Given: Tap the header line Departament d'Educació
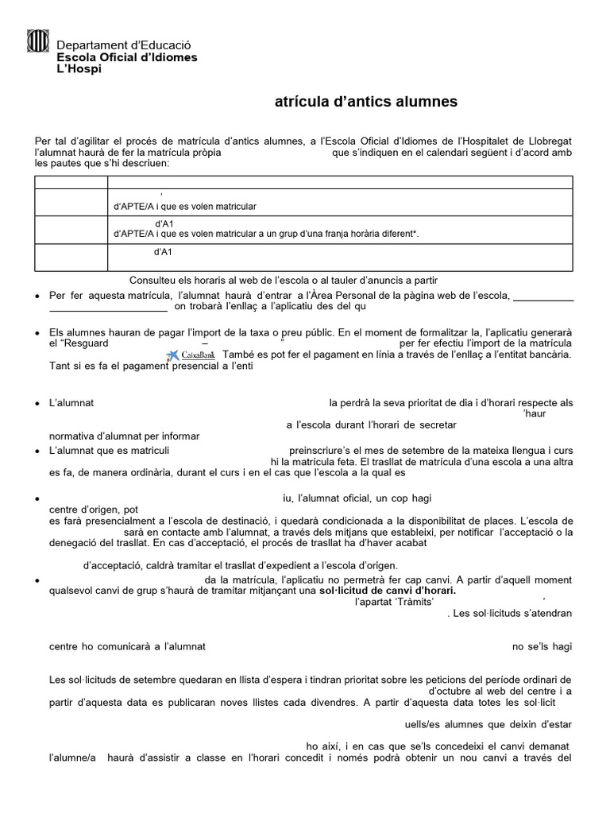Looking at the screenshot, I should click(x=124, y=47).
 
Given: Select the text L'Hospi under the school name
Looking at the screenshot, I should click(x=79, y=68).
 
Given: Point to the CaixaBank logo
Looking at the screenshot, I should click(x=191, y=355).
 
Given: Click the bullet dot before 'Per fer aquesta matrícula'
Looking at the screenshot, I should click(x=39, y=297).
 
